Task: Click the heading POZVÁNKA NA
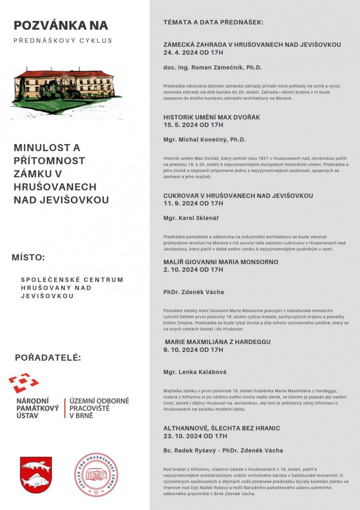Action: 61,25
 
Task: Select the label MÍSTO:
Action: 28,257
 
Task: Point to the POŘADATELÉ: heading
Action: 48,357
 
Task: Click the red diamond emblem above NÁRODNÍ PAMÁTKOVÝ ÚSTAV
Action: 23,383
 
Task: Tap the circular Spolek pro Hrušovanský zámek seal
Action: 96,474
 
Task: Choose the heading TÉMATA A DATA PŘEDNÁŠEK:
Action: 213,22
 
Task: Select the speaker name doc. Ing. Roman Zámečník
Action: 213,68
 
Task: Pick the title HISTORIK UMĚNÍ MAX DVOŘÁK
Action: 212,117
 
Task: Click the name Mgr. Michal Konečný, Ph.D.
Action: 204,140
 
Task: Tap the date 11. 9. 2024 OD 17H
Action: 193,203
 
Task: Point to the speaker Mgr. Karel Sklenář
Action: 191,217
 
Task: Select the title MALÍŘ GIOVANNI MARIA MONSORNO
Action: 221,262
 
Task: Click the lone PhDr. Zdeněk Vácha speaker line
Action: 194,292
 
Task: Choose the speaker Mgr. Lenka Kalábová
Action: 195,372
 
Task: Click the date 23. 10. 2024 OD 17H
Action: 195,436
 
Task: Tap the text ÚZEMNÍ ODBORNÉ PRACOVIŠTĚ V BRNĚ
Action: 99,408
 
